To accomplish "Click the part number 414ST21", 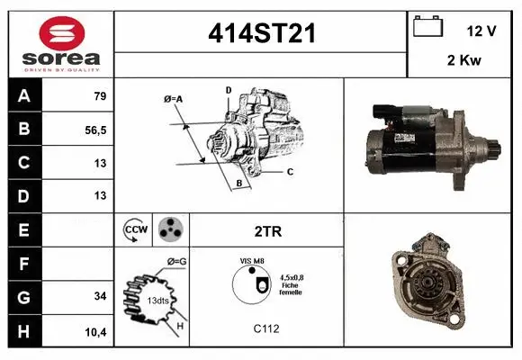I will [261, 35].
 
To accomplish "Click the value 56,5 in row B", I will [95, 130].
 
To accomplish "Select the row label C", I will [23, 163].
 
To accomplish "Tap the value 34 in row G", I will [101, 296].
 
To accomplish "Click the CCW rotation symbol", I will [135, 230].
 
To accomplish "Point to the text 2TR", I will [268, 231].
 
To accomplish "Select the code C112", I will [267, 329].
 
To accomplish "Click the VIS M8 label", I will [251, 260].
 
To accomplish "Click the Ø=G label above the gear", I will [176, 261].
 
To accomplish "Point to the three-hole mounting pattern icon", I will [168, 230].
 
